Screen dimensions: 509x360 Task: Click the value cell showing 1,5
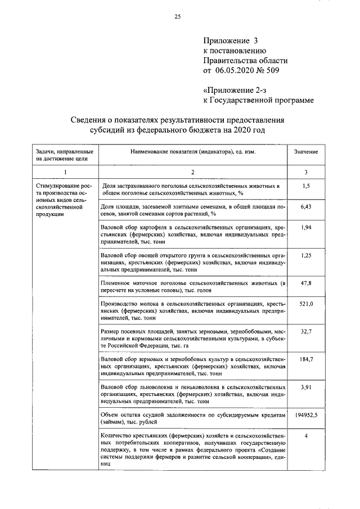point(306,185)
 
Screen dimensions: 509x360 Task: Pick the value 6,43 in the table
point(306,207)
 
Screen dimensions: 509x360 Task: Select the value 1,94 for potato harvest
point(306,227)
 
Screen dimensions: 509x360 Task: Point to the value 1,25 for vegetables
point(306,256)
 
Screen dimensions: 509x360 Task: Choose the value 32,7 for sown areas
point(306,332)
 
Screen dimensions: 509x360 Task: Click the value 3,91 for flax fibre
point(306,388)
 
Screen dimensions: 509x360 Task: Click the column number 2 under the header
point(192,172)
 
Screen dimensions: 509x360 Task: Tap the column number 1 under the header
point(65,172)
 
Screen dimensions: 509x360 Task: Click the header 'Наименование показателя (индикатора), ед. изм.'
point(192,152)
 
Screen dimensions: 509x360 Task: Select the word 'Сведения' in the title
point(91,120)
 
